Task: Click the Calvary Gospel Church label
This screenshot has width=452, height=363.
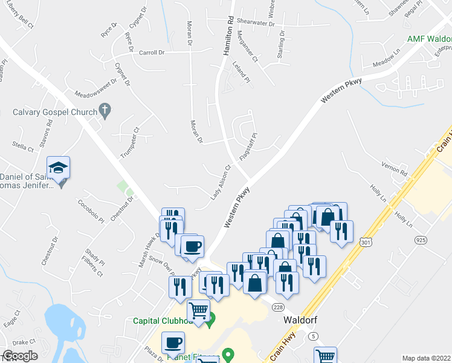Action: click(55, 112)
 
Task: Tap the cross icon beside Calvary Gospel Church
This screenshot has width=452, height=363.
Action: click(105, 111)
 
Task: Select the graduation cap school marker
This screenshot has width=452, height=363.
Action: click(59, 167)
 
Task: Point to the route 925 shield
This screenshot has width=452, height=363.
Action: click(421, 240)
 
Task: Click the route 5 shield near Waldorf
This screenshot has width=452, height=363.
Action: click(312, 336)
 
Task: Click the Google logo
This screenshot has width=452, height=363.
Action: click(20, 356)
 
